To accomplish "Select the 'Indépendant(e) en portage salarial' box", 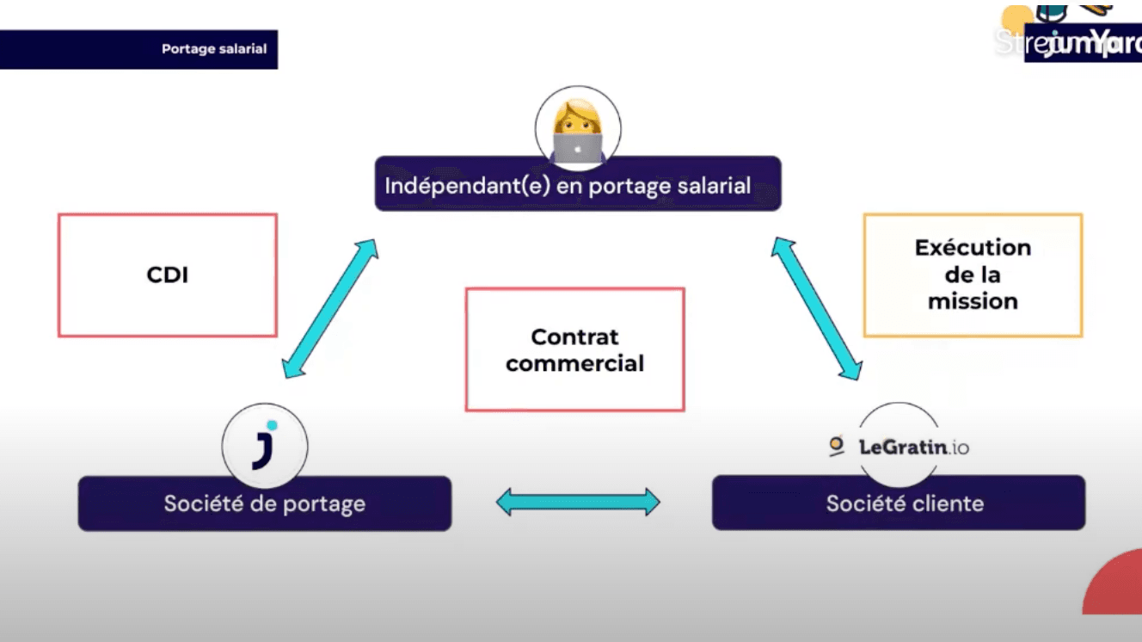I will point(577,184).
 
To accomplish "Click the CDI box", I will point(168,275).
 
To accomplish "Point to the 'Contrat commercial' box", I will point(574,349).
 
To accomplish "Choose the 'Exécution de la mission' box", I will point(973,275).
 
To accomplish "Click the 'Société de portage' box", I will point(265,503).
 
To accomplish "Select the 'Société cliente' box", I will point(899,503).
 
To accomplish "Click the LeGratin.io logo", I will point(899,447).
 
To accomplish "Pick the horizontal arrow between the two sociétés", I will point(578,502).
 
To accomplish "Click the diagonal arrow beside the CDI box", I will point(330,308).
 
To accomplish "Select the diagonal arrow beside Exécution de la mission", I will point(816,308).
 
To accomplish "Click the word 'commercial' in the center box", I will point(574,364).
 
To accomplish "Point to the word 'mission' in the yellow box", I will point(973,301).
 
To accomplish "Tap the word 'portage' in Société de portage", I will point(320,504).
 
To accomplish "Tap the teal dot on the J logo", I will point(272,425).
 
